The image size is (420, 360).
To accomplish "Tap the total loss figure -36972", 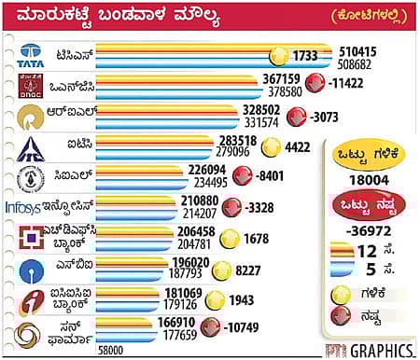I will point(366,228).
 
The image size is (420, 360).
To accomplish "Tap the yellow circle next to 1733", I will point(278,57).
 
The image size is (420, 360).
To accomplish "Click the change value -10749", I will point(245,326).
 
